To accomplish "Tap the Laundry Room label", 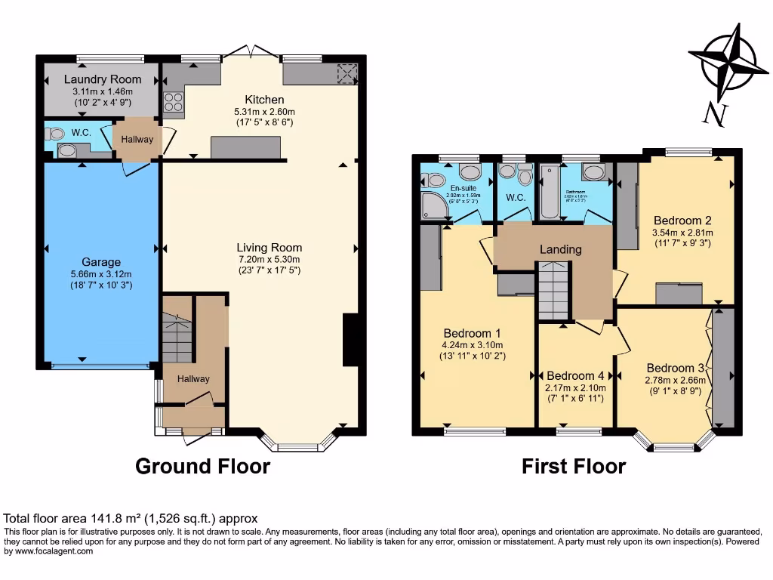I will click(x=103, y=79).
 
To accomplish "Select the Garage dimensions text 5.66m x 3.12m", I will click(x=101, y=273).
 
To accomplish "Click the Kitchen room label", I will click(x=264, y=100).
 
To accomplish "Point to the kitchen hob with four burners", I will click(x=173, y=101).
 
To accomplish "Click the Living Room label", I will click(x=269, y=247).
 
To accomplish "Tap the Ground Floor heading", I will click(x=202, y=466).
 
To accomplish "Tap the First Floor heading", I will click(x=574, y=466).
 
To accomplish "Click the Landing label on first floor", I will click(x=560, y=249).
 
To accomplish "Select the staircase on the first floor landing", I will click(x=553, y=291).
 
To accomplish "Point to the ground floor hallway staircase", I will click(x=177, y=341).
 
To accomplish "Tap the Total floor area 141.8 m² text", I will click(x=131, y=518).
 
